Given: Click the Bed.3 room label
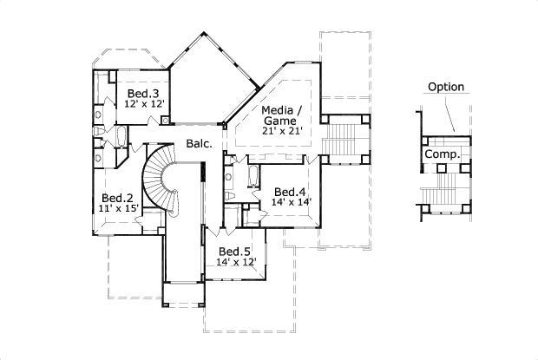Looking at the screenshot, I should click(142, 94).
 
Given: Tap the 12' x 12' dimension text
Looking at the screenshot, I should click(142, 103).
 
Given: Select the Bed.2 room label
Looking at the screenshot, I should click(116, 199).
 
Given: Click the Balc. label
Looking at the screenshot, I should click(199, 144).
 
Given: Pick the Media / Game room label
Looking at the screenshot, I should click(282, 115).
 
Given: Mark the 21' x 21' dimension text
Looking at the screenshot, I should click(282, 131).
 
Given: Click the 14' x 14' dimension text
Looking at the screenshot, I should click(291, 202).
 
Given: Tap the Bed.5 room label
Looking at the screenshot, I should click(234, 252).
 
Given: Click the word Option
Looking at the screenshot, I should click(446, 87).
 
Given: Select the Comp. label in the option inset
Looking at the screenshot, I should click(442, 155).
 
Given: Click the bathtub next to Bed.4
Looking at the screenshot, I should click(253, 178).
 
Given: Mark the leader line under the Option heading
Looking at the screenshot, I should click(449, 113).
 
